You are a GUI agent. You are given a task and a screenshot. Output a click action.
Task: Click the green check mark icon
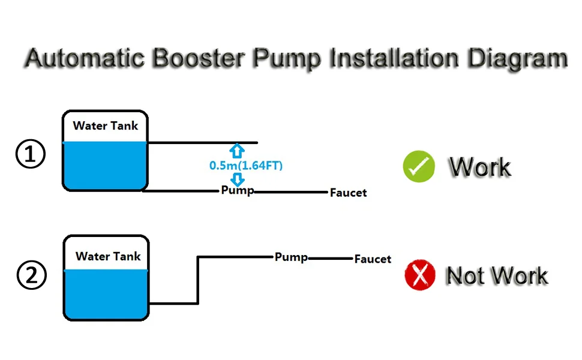[419, 166]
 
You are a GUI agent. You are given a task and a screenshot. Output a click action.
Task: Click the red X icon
[420, 276]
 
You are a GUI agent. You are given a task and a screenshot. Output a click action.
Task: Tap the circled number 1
[30, 154]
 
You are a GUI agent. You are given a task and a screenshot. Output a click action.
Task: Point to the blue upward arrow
[237, 150]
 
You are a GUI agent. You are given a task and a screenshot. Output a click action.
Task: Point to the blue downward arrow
[238, 179]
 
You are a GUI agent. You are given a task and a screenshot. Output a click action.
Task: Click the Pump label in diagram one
[237, 191]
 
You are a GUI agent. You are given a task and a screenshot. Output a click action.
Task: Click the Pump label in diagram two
[291, 257]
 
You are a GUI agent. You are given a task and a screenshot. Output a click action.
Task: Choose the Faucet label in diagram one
[348, 193]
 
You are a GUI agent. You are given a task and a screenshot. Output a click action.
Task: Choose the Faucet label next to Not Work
[373, 259]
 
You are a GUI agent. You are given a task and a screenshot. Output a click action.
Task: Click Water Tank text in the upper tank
[106, 126]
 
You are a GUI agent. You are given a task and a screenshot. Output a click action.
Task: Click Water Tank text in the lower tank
[108, 256]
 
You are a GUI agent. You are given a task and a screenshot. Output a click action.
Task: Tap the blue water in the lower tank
[106, 294]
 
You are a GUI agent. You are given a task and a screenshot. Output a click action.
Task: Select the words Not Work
[497, 276]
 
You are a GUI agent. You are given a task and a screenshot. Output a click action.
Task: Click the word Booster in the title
[191, 59]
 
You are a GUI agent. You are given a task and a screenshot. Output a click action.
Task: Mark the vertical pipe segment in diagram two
[199, 280]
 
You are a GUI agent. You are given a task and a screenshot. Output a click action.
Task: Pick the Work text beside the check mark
[480, 167]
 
